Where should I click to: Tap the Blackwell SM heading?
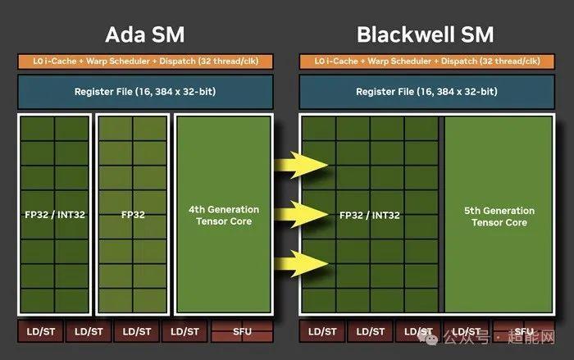[426, 34]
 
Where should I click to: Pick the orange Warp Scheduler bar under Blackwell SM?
[426, 62]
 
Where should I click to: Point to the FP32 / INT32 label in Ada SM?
[55, 215]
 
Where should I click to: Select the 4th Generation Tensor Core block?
[224, 216]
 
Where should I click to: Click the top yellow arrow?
[302, 167]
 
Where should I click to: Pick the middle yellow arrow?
[302, 216]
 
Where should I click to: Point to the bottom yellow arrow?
[302, 264]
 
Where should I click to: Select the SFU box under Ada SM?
[241, 331]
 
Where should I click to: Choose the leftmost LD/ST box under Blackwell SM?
[321, 331]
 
